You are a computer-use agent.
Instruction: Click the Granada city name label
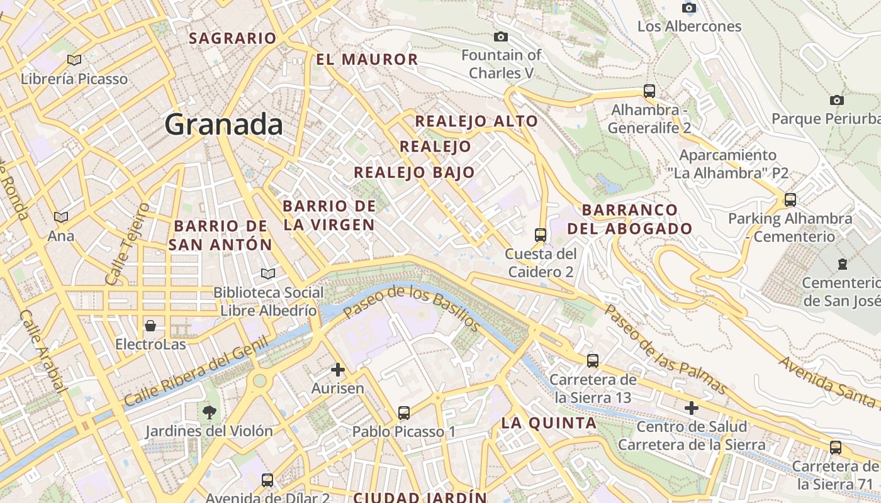[223, 124]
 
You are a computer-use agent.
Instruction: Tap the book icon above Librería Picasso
[74, 60]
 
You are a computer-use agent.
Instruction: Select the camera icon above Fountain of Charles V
[501, 37]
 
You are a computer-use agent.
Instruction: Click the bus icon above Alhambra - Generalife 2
[649, 91]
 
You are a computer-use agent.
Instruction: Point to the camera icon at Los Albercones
[689, 8]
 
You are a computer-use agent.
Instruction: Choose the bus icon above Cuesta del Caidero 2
[540, 235]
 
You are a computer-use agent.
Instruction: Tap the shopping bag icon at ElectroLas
[150, 326]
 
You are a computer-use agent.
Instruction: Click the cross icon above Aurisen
[338, 370]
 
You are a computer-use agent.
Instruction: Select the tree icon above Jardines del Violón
[209, 412]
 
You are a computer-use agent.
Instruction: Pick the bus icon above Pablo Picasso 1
[404, 413]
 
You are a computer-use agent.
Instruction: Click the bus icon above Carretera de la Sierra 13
[593, 361]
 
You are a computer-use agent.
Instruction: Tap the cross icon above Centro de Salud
[692, 408]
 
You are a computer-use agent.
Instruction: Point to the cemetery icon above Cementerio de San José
[843, 263]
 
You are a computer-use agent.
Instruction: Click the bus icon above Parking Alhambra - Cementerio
[790, 200]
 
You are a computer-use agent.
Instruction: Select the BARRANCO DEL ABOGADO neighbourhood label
[630, 219]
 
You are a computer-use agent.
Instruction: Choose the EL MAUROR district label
[367, 60]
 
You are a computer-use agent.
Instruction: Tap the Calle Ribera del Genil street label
[196, 372]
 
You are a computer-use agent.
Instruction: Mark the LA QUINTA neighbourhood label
[549, 423]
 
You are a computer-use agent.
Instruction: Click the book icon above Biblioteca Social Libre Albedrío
[268, 274]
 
